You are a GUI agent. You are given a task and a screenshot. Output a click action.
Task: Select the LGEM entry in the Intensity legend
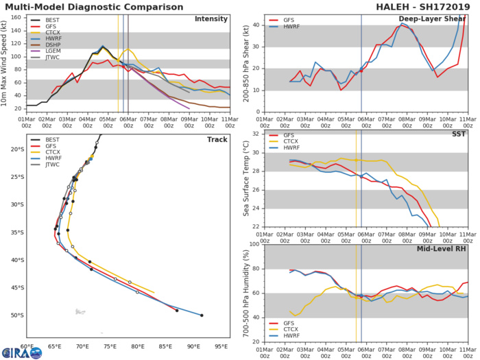click(x=51, y=66)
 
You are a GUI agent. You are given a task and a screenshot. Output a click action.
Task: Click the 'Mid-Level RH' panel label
click(x=439, y=250)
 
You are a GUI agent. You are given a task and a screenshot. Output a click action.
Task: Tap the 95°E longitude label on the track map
click(x=221, y=347)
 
